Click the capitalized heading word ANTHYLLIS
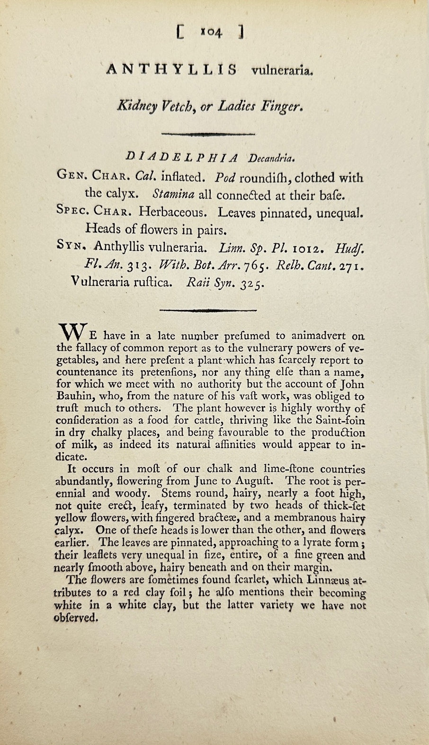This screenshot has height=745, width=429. [x=172, y=70]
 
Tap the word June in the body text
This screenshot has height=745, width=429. [x=207, y=481]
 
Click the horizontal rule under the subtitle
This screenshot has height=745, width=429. [x=209, y=134]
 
